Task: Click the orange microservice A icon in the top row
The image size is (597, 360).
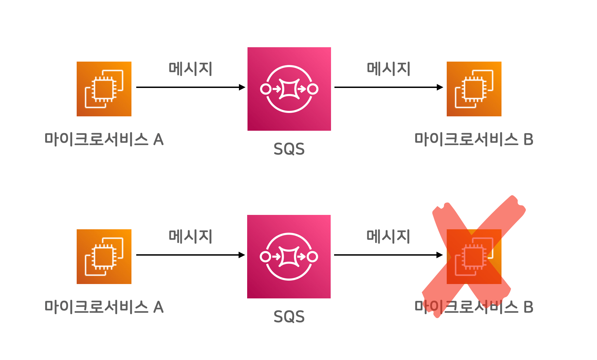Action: click(x=104, y=89)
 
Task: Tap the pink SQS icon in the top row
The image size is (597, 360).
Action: click(x=289, y=89)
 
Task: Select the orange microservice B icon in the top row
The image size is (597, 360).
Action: click(x=474, y=89)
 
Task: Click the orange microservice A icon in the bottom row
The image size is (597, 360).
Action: click(x=104, y=257)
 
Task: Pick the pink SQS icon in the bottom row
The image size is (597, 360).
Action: click(x=289, y=257)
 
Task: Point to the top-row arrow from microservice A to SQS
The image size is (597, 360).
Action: click(x=190, y=87)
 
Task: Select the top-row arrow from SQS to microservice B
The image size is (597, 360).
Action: click(x=389, y=87)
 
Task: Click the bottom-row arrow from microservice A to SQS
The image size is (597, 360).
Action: click(x=190, y=255)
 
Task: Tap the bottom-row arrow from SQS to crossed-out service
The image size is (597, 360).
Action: click(x=388, y=255)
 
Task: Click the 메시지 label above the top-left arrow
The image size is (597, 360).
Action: click(x=191, y=69)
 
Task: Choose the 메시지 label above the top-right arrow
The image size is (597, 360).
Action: click(x=389, y=69)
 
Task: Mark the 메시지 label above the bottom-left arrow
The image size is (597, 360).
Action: click(x=191, y=236)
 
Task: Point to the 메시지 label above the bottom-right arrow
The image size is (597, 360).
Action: click(x=388, y=236)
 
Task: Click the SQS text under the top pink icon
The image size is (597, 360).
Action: click(x=289, y=149)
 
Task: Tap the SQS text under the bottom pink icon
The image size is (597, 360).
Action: click(x=289, y=317)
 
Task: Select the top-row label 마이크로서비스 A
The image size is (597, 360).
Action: click(x=104, y=139)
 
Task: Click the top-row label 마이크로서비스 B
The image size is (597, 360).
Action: click(x=474, y=139)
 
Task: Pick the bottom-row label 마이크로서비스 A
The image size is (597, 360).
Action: click(x=104, y=307)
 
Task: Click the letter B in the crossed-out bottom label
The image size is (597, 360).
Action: click(x=529, y=307)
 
